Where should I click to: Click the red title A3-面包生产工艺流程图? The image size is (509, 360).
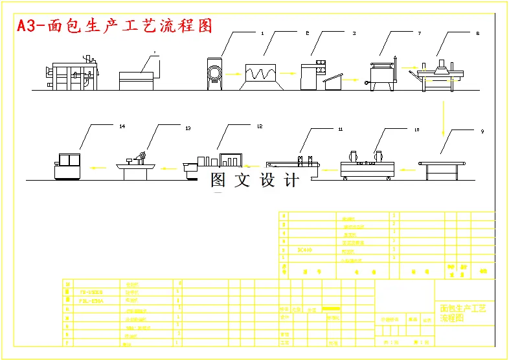point(115,26)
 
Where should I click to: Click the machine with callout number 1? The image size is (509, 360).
point(215,74)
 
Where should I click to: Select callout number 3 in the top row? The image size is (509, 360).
point(354,32)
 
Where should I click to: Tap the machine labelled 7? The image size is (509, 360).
point(383,74)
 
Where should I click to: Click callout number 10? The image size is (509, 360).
point(416,129)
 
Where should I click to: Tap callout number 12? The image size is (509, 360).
point(260,126)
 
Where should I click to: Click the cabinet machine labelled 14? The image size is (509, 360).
point(67,166)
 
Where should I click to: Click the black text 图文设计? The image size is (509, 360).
point(255,181)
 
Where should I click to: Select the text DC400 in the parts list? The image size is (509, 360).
point(305,249)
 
